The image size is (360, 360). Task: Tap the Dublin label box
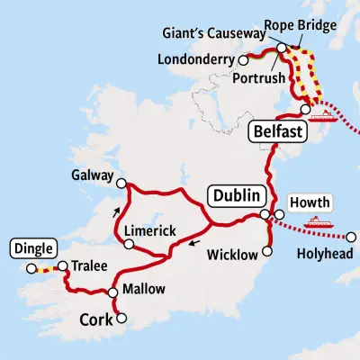(237, 195)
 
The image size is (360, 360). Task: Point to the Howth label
(310, 202)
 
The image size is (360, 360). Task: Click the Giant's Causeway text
(215, 33)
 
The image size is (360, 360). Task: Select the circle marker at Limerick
(124, 243)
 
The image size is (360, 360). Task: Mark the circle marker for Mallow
(112, 292)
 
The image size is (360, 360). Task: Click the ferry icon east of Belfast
(321, 113)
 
